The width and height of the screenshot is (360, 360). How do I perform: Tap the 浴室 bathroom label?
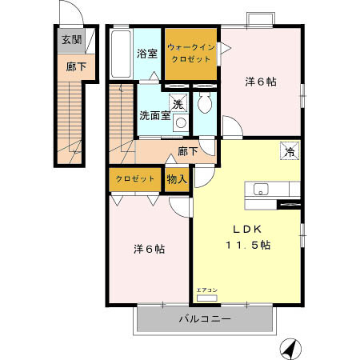coord(146,54)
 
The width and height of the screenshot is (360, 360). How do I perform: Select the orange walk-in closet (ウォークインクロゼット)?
coord(191,53)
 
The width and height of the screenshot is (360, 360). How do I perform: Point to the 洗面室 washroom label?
coord(154,114)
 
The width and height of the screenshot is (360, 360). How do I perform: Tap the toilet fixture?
coord(205,105)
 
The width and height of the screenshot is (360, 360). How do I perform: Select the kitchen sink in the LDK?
coord(262,190)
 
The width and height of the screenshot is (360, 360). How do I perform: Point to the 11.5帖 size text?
coord(247,246)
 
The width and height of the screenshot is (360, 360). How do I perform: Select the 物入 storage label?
coord(177,178)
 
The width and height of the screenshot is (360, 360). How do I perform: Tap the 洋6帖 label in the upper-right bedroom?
coord(260,81)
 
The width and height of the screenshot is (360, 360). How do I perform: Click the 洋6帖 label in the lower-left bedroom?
coord(149,249)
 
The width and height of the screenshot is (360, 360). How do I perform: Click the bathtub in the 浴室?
coord(120,54)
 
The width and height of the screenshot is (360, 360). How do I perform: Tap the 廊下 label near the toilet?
coord(187,150)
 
